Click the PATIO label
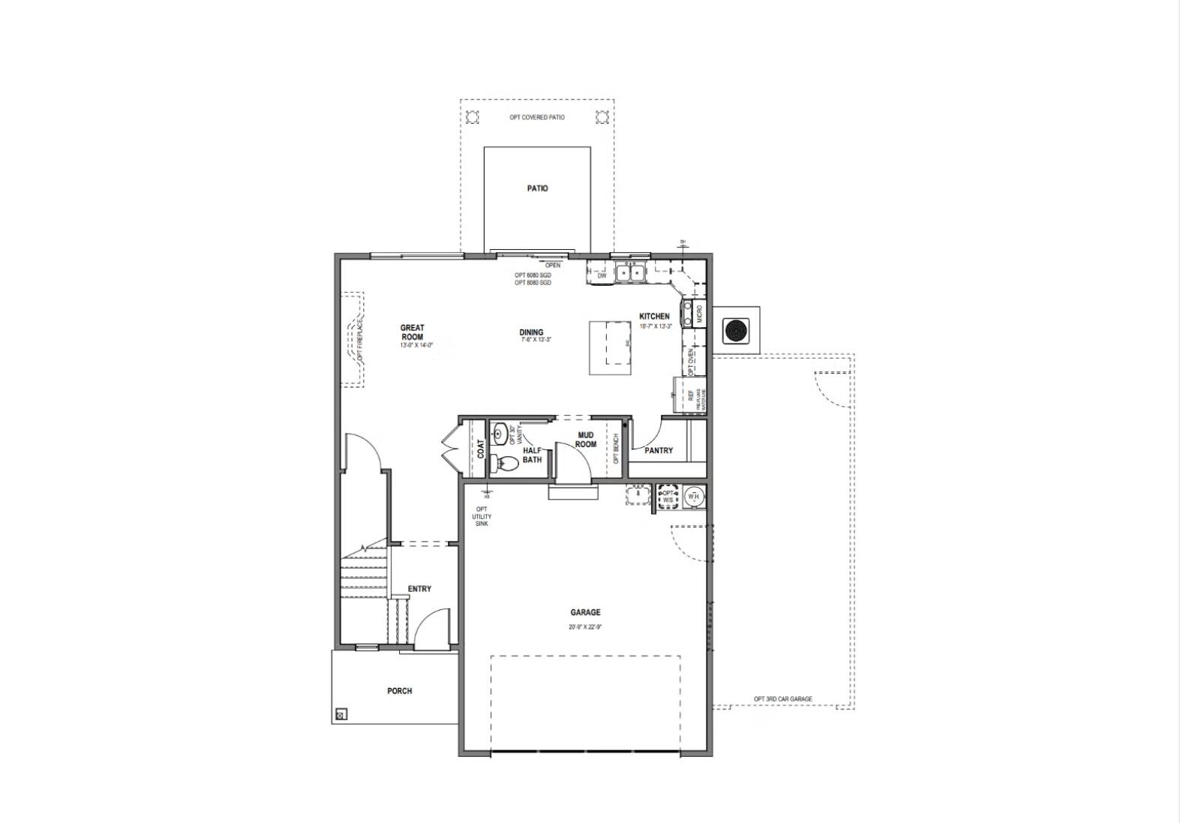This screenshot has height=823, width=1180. [x=537, y=188]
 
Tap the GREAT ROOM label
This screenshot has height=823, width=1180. [x=412, y=332]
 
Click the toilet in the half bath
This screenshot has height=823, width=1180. [x=503, y=465]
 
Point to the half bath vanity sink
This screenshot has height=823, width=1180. [x=500, y=433]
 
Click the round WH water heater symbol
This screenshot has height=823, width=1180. [x=693, y=496]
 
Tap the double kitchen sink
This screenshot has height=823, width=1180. [x=629, y=274]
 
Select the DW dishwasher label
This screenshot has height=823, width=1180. [x=602, y=276]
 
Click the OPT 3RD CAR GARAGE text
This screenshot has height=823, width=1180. [x=782, y=699]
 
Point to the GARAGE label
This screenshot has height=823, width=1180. [x=585, y=612]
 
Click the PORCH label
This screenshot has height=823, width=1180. [x=399, y=691]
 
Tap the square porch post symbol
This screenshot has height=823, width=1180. [x=341, y=714]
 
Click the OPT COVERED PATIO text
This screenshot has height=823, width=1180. [x=537, y=118]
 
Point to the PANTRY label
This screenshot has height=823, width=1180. [x=659, y=451]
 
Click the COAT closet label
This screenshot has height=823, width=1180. [x=481, y=449]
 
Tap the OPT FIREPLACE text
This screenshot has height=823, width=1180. [x=360, y=341]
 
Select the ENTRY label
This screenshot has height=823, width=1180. [x=419, y=589]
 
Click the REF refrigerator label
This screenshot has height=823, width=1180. [x=692, y=396]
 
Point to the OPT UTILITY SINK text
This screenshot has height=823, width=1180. [x=482, y=516]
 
